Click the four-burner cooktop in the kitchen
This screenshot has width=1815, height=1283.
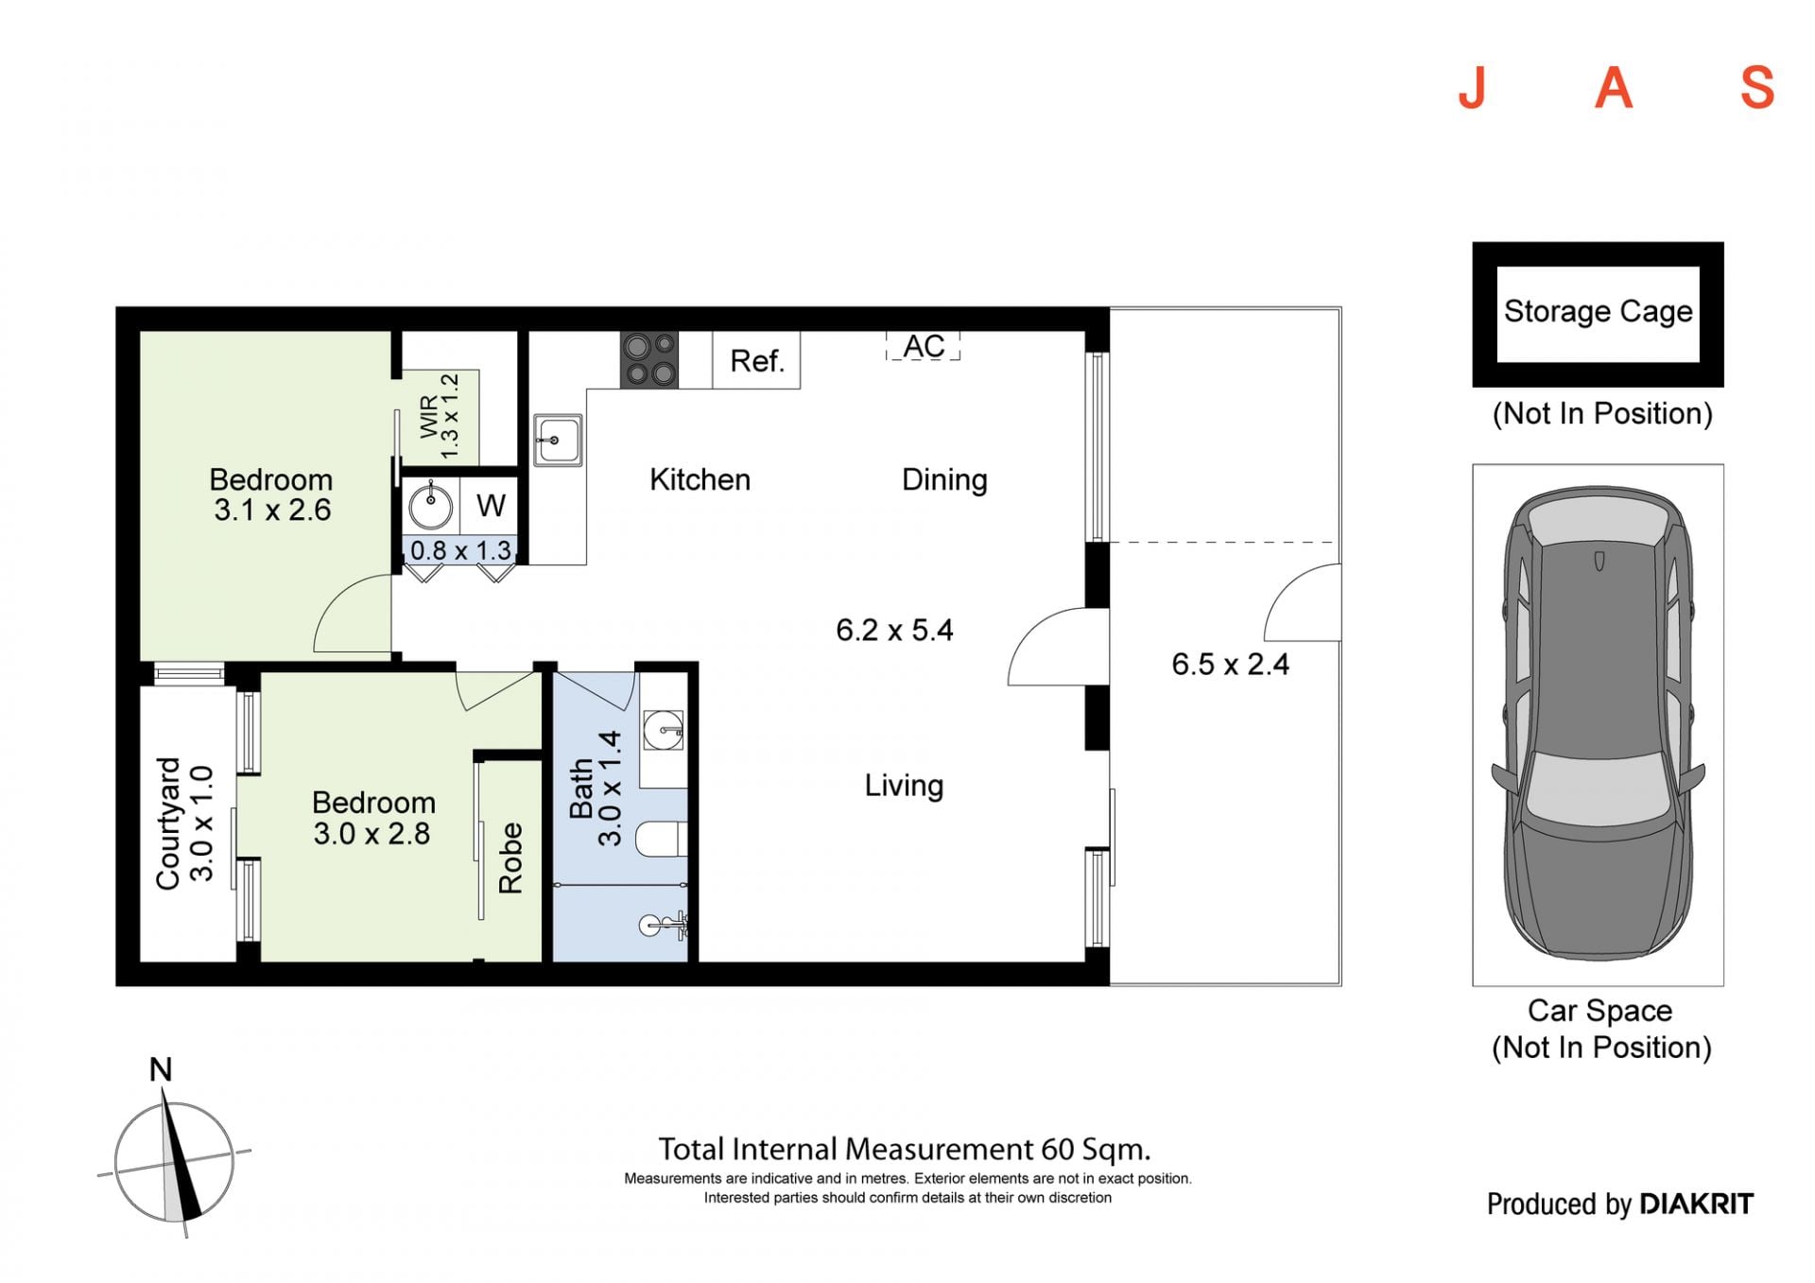point(648,359)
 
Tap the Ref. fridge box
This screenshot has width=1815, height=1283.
point(756,359)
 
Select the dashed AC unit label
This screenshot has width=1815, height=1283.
point(923,346)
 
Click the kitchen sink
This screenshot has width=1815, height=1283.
point(558,440)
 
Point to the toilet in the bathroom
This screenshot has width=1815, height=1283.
point(661,839)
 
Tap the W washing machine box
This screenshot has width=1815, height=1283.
point(490,505)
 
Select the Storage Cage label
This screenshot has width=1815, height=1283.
point(1598,311)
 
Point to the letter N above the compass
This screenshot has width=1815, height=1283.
point(161,1069)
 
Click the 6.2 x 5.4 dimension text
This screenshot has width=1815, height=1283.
point(894,630)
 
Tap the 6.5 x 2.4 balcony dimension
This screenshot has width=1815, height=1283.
point(1230,664)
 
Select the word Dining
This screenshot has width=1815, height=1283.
point(944,480)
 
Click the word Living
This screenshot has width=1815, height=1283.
point(904,786)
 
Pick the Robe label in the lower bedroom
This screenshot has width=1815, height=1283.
point(510,858)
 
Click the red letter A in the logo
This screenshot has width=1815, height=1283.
point(1615,88)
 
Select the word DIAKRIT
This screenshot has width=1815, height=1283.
point(1696,1204)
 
